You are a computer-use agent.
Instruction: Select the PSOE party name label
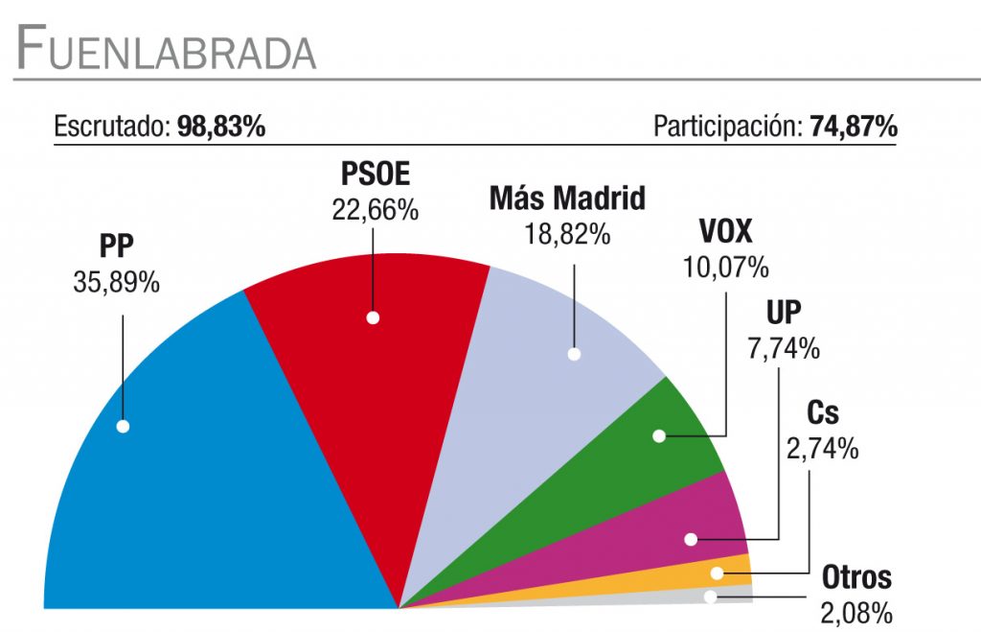[x=375, y=176]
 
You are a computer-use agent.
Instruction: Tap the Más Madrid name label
[x=567, y=199]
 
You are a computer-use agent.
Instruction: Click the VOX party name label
[x=725, y=233]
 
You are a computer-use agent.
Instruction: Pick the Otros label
[x=856, y=578]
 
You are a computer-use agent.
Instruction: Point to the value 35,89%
[x=116, y=284]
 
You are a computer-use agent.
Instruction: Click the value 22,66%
[x=375, y=209]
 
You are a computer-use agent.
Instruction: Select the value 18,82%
[x=567, y=233]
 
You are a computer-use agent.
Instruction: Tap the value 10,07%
[x=725, y=267]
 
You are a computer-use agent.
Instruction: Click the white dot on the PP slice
[x=123, y=426]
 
